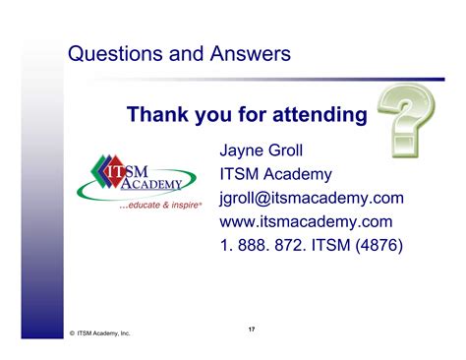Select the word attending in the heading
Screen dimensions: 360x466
pos(317,115)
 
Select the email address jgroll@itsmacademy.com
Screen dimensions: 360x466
pos(312,198)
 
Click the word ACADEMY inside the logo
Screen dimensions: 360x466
pos(152,184)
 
